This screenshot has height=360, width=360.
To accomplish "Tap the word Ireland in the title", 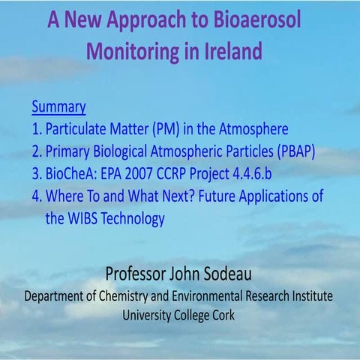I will click(x=226, y=53).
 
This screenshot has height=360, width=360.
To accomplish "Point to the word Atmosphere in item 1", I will click(x=250, y=128).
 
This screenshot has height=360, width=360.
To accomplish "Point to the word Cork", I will click(x=222, y=316).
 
